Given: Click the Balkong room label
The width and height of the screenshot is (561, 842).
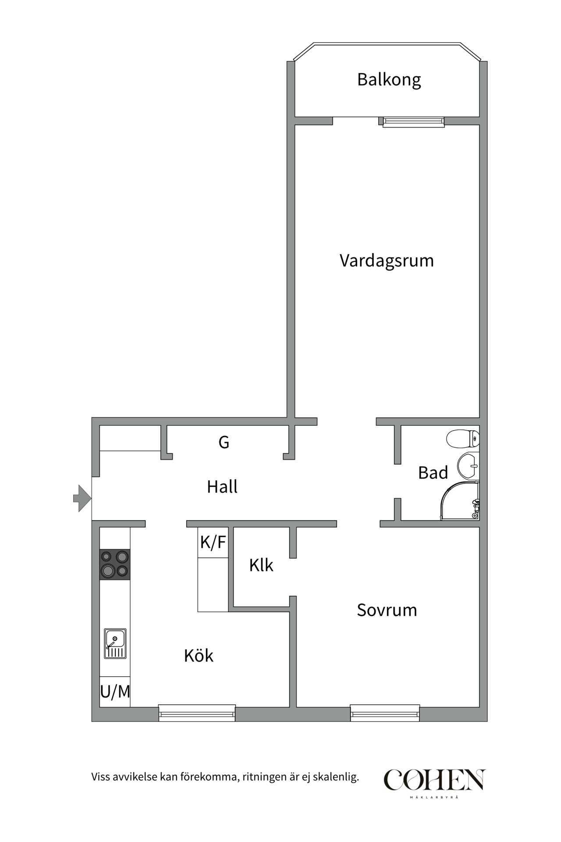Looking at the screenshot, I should (389, 80).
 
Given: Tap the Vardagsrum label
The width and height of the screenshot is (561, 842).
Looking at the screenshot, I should (387, 260).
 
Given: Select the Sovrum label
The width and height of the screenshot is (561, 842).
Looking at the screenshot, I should (387, 610).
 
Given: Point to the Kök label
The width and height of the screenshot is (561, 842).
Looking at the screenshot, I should (199, 656).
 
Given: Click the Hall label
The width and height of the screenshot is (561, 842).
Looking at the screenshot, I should (222, 487).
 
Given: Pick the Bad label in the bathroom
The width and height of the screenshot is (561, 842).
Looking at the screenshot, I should (433, 473).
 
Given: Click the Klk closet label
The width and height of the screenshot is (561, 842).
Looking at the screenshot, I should (261, 565).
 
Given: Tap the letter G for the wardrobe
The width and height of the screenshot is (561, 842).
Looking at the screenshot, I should (224, 442).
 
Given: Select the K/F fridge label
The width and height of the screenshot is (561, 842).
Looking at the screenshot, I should (213, 542).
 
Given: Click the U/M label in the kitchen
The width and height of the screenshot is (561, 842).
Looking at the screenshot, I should (115, 692).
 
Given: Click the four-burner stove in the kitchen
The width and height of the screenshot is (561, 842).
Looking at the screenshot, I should (115, 564).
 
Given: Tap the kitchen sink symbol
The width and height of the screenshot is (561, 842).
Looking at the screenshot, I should (115, 643).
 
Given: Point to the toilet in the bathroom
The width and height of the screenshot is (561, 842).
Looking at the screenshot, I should (462, 438).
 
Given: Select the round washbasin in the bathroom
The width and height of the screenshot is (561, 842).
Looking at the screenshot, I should (468, 465).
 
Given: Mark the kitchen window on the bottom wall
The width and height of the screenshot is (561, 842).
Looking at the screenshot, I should (197, 714).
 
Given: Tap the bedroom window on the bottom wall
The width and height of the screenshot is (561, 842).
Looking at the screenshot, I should (385, 714).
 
